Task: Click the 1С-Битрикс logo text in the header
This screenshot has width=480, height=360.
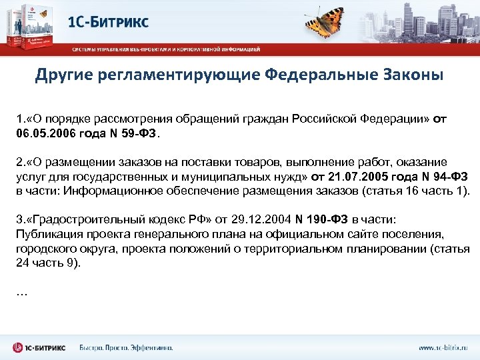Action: [108, 21]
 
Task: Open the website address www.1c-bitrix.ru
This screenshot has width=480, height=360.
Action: [443, 348]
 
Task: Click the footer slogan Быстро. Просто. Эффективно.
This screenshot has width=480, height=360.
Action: [126, 348]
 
